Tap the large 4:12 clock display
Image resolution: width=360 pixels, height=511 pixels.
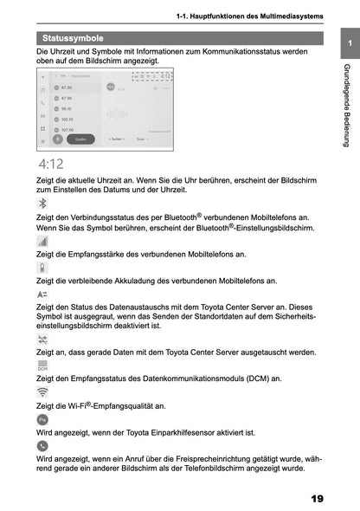[50, 163]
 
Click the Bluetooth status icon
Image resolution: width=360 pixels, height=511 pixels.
[42, 203]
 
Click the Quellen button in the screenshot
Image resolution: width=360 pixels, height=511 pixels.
[80, 139]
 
